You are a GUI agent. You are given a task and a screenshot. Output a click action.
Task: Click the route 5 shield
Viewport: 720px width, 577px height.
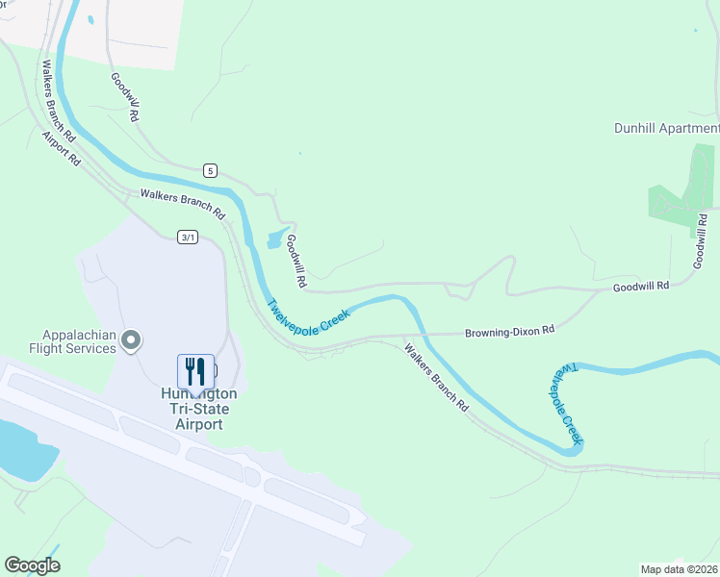(211, 170)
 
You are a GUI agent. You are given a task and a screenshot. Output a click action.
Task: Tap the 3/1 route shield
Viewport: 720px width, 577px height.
(188, 238)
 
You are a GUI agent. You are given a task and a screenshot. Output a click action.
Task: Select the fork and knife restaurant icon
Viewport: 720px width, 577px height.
(195, 371)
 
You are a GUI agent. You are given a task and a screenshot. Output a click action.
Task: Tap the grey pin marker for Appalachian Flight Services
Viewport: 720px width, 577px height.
(133, 340)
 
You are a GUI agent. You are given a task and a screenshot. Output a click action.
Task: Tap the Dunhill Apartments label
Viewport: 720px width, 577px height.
(666, 128)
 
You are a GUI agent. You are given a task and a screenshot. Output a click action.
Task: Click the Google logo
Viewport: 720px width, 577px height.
(33, 565)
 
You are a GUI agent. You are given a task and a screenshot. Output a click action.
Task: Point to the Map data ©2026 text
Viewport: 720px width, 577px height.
(679, 568)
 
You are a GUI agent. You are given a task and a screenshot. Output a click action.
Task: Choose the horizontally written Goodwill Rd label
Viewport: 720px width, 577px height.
(640, 287)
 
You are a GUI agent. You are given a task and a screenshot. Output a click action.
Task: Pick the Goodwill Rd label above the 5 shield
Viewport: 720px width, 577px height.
(125, 96)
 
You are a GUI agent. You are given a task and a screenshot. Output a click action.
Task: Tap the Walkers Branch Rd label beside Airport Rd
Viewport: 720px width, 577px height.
(59, 103)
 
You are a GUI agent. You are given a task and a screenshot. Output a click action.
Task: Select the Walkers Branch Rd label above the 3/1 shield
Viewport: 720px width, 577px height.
(182, 203)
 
